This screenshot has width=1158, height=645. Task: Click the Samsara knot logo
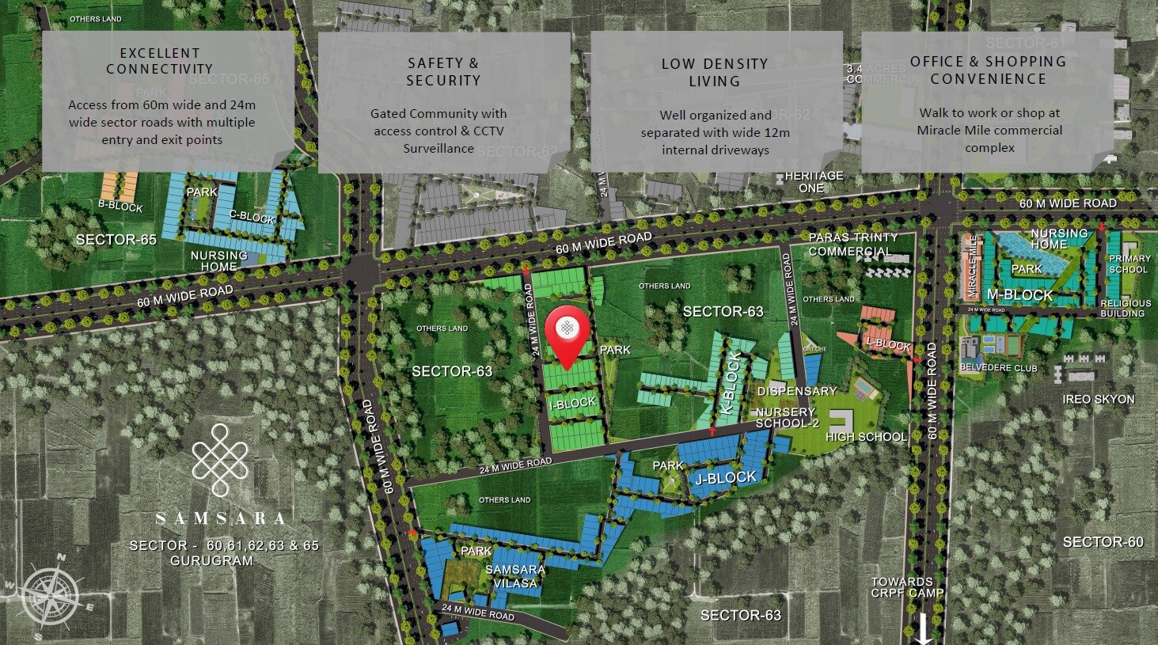(221, 460)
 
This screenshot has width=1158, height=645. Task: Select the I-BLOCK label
(572, 404)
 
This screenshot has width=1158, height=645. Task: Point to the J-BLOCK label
(727, 478)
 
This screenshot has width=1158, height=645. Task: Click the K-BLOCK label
(732, 383)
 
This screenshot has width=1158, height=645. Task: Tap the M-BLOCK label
(1020, 295)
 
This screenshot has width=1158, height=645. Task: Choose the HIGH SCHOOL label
(866, 437)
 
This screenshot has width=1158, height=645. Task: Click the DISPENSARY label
(796, 391)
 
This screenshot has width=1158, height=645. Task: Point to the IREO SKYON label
(1099, 400)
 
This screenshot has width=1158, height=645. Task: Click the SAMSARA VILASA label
(514, 576)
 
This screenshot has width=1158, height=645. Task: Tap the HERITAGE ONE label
(814, 182)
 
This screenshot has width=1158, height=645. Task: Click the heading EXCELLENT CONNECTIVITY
(161, 61)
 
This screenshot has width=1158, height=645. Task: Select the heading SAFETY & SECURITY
(443, 71)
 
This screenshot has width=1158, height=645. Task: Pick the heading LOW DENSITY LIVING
(715, 72)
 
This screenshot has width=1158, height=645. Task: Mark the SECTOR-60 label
(1103, 542)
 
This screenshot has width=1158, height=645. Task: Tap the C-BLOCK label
(252, 218)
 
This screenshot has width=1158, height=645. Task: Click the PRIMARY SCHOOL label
(1130, 264)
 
